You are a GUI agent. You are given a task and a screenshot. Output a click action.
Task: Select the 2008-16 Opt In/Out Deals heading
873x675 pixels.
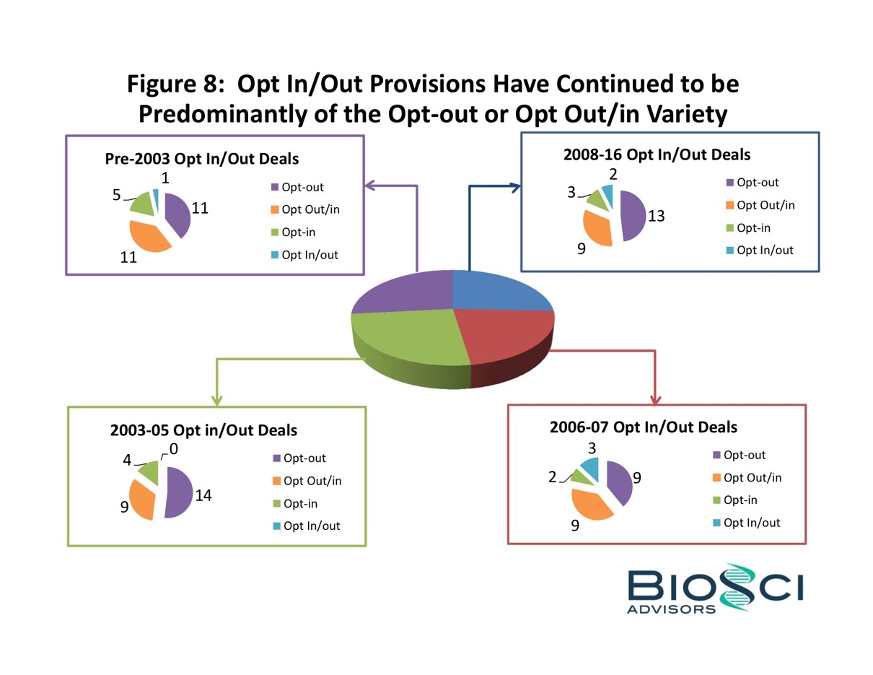point(657,154)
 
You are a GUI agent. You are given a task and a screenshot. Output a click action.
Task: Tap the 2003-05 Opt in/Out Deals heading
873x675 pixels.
point(203,430)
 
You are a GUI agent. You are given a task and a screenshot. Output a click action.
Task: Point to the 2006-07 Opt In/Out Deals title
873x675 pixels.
point(644,427)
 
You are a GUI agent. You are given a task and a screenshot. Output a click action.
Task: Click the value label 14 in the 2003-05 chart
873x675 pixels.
point(203,495)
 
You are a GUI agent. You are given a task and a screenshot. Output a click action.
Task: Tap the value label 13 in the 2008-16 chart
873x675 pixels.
point(656,215)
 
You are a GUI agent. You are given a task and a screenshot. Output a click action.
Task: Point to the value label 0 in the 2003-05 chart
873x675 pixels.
point(173,449)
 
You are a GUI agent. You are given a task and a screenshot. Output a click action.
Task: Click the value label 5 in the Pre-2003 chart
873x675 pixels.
point(116,195)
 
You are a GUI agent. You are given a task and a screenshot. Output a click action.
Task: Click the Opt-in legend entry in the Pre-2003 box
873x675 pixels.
point(298,232)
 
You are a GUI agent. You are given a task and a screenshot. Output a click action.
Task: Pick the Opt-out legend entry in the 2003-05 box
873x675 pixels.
point(304,458)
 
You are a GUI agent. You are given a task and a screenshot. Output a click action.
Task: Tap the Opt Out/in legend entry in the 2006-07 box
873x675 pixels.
point(752,477)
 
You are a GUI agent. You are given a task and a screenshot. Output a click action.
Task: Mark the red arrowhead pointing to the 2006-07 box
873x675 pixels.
point(657,399)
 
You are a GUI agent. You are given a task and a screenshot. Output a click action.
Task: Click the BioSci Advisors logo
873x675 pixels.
point(714,588)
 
